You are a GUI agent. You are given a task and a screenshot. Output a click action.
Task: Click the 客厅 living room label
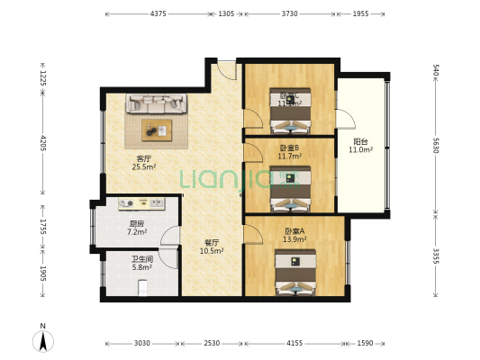(142, 158)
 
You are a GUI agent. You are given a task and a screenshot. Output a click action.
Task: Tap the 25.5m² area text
(143, 167)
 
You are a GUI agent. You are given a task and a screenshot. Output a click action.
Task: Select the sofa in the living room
(158, 105)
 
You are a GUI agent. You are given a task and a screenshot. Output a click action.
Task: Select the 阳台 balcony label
(360, 141)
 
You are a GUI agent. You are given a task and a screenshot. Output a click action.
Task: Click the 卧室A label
(294, 231)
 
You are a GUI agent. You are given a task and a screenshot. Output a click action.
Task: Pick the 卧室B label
(289, 148)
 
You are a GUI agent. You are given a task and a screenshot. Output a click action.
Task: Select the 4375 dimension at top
(158, 13)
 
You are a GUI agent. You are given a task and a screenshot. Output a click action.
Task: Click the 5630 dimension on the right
(436, 146)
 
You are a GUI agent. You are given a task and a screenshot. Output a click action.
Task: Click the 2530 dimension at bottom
(212, 343)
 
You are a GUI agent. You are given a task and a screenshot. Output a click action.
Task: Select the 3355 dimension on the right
(436, 256)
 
